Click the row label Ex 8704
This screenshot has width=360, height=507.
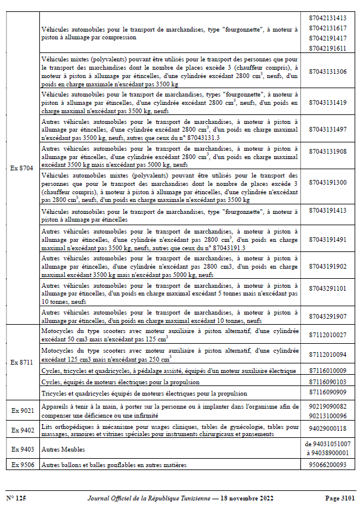pos(23,169)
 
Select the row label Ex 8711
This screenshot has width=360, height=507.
pos(23,362)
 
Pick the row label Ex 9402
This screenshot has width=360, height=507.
pos(23,430)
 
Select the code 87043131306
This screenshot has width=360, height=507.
pos(328,71)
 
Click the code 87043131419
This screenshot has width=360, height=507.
pos(328,103)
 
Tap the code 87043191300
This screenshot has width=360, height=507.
pos(328,182)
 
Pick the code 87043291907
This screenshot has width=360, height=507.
pos(328,316)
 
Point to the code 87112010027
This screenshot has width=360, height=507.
pos(328,335)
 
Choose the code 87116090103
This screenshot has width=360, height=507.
pos(328,382)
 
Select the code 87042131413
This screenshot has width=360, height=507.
pos(328,17)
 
